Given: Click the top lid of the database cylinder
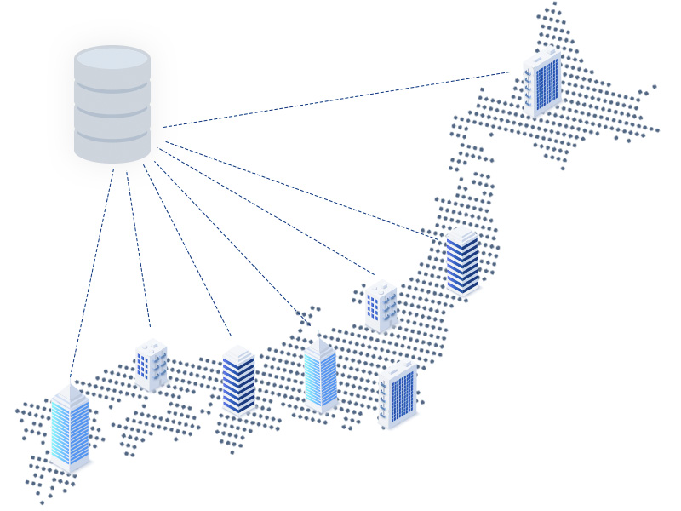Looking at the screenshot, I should (112, 58).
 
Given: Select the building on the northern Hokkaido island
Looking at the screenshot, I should (542, 83).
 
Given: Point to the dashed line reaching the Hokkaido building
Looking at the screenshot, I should (340, 99).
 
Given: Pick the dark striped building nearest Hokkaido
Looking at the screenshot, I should (462, 261).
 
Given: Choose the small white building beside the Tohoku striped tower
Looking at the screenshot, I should (381, 305).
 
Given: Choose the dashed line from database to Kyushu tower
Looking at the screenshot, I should (92, 273).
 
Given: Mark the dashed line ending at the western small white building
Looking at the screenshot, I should (138, 247).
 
